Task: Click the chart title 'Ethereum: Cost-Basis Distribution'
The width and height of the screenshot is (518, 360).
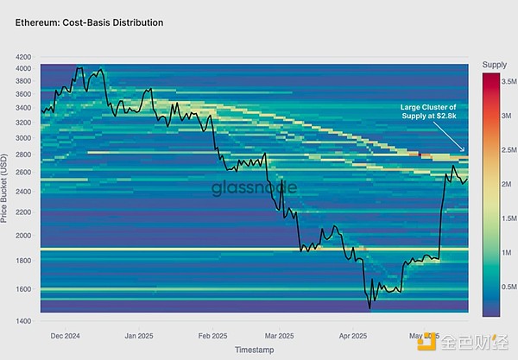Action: click(89, 22)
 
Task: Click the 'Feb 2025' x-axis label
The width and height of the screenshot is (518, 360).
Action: click(213, 334)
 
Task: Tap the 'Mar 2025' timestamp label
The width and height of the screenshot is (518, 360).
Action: click(278, 334)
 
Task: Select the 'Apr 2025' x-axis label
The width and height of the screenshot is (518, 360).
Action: click(352, 334)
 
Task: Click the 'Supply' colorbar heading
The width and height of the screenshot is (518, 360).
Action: click(494, 65)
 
